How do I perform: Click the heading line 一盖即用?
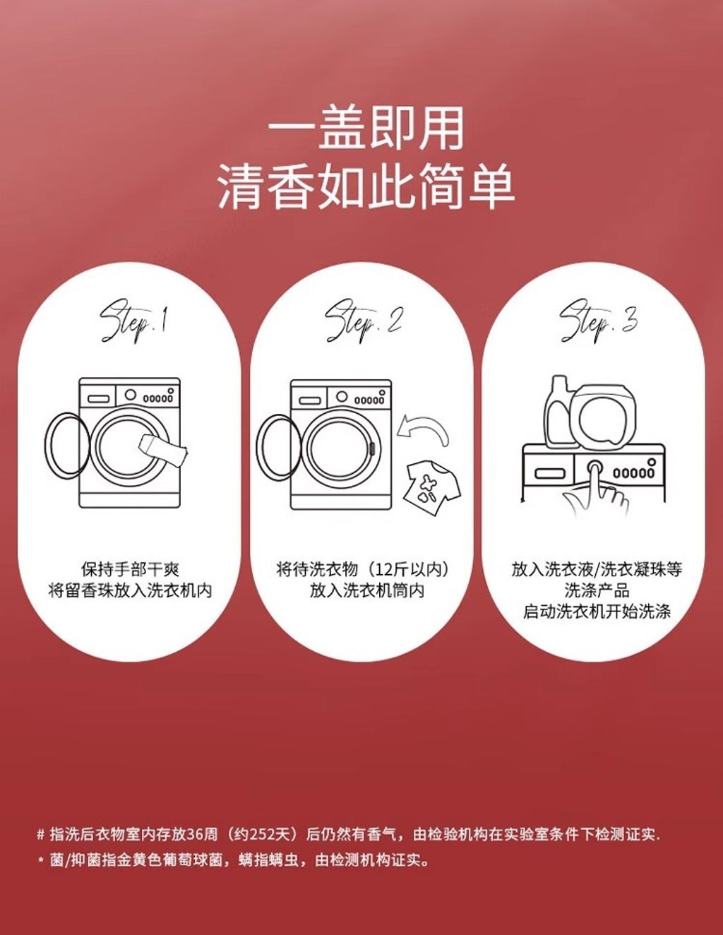pyautogui.click(x=366, y=129)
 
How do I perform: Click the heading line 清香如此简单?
pyautogui.click(x=366, y=187)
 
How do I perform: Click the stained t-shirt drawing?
pyautogui.click(x=431, y=487)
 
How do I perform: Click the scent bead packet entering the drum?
pyautogui.click(x=164, y=450)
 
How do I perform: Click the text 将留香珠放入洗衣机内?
pyautogui.click(x=130, y=590)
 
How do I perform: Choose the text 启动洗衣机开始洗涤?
pyautogui.click(x=597, y=611)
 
